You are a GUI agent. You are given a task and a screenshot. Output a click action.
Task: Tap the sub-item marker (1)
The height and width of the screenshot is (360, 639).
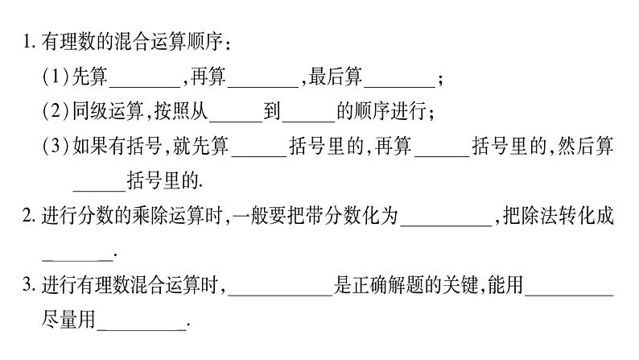(56, 78)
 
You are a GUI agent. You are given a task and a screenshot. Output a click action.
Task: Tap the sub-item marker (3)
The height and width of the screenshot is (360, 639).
(56, 146)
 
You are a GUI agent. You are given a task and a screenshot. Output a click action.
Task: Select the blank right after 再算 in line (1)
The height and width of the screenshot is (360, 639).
(263, 81)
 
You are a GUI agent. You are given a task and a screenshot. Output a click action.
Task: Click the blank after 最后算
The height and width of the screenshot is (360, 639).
(400, 81)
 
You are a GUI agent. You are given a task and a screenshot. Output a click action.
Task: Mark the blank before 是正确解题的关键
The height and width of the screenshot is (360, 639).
(280, 288)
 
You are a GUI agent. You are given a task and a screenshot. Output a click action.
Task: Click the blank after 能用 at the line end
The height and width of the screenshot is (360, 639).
(573, 288)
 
